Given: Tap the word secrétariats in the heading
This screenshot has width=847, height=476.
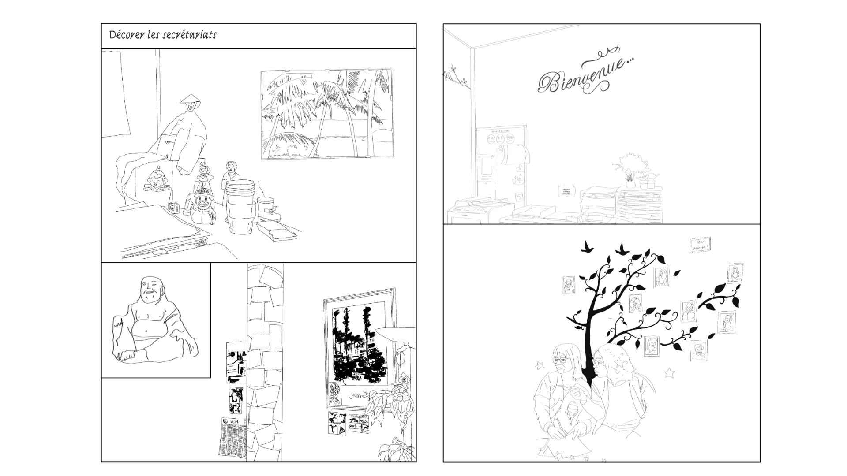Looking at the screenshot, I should coord(189,35).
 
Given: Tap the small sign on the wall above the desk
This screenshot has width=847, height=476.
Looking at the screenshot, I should coord(567,191).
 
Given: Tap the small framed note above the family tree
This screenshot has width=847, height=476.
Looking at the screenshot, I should coord(700,245).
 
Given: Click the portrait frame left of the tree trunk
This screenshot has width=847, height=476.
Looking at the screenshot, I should coord(570,286).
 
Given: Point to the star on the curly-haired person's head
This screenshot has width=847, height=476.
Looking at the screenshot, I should coord(620,362).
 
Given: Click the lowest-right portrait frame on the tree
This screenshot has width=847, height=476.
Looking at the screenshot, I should coord(698,350).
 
